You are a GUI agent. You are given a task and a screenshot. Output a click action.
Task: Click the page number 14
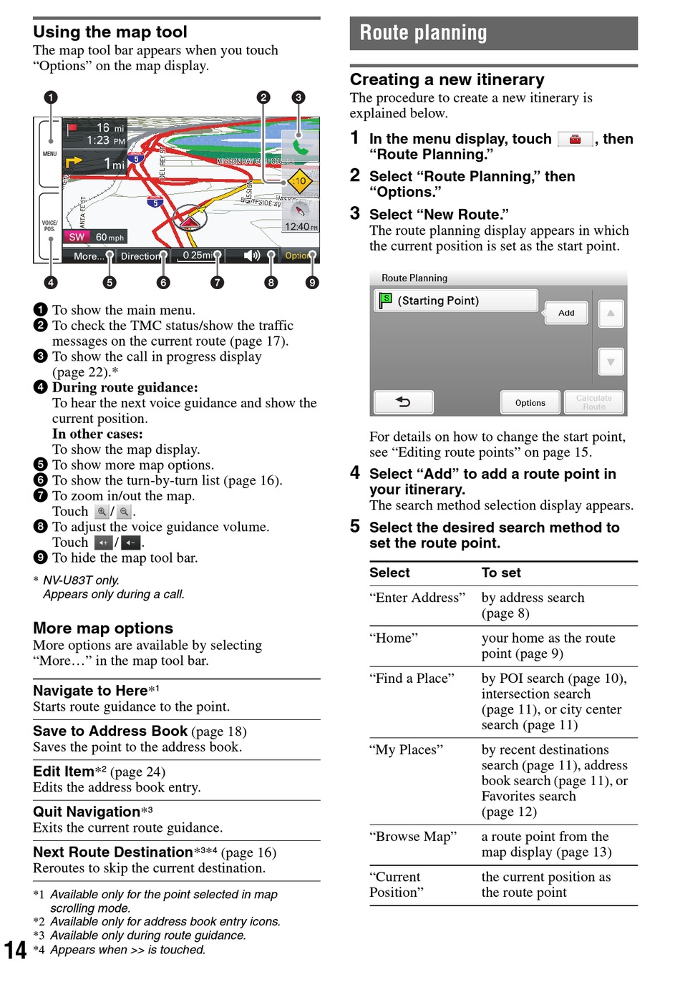click(x=15, y=950)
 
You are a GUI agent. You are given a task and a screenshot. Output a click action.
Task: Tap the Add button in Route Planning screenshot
click(x=566, y=313)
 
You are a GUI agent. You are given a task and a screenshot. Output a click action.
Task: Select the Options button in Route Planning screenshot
click(x=530, y=403)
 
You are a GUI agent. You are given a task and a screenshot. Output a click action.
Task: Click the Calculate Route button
click(x=593, y=402)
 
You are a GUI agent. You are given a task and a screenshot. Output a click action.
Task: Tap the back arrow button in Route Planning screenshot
click(x=404, y=402)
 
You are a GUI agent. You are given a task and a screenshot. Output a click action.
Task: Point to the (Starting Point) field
click(x=457, y=301)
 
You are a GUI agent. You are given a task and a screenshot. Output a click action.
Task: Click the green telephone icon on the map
click(x=301, y=147)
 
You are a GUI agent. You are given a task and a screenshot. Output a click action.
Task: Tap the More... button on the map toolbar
click(x=86, y=256)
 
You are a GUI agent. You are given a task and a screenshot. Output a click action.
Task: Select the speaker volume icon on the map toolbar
click(x=251, y=256)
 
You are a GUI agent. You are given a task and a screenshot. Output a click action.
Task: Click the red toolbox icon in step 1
click(x=575, y=140)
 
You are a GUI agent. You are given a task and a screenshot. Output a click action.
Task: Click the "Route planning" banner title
click(x=423, y=33)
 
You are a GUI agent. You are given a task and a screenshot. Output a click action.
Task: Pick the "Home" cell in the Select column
click(x=394, y=638)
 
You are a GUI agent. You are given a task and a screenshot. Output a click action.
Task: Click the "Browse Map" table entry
click(x=413, y=837)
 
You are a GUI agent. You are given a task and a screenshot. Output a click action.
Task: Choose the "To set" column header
click(x=501, y=573)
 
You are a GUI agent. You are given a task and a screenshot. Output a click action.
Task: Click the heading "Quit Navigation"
click(x=87, y=812)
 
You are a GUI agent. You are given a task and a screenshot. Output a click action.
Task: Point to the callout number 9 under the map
click(x=312, y=283)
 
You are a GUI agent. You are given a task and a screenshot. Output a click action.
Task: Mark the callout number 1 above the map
click(x=50, y=97)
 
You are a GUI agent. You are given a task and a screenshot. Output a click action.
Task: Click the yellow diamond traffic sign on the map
click(x=299, y=181)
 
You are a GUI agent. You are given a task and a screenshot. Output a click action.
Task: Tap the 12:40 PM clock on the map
click(x=301, y=227)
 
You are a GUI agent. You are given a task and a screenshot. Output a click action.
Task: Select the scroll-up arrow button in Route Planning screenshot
click(x=611, y=313)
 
